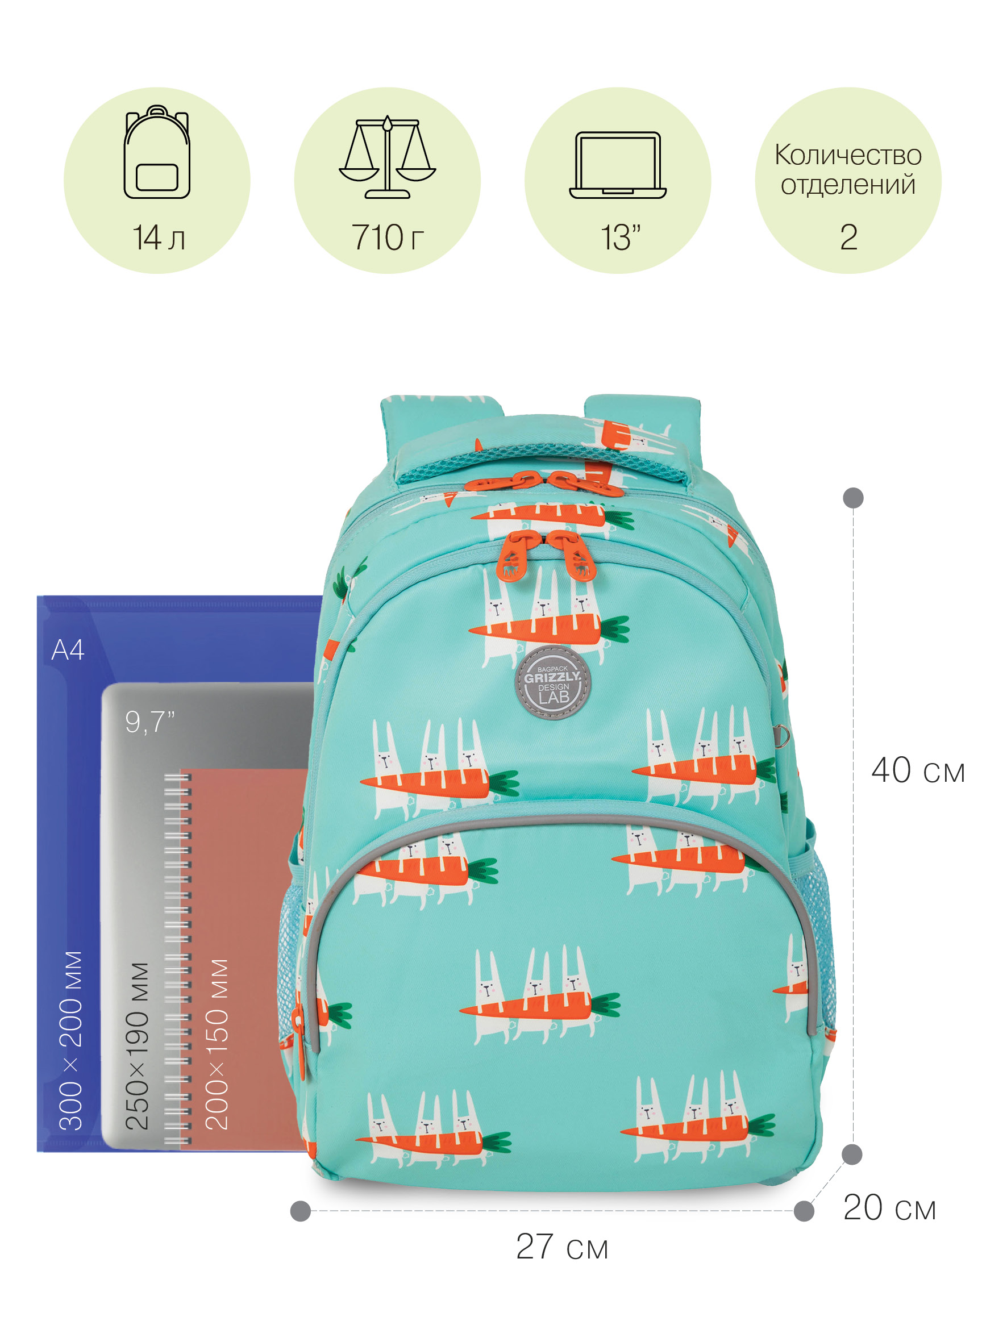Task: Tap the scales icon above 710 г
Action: (x=387, y=158)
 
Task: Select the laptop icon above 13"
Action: (x=617, y=165)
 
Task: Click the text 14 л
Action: (x=158, y=237)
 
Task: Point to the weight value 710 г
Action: (x=387, y=237)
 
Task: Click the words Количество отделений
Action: (x=847, y=170)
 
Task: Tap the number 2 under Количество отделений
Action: (x=848, y=237)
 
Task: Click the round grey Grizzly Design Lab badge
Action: (x=552, y=682)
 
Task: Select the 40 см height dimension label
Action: (x=917, y=770)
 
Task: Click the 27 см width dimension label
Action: (x=561, y=1247)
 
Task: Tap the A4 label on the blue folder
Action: (x=68, y=650)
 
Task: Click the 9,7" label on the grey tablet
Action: (x=149, y=722)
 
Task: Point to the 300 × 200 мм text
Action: (x=71, y=1040)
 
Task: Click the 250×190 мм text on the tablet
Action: (x=137, y=1047)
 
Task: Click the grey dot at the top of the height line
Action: (x=853, y=498)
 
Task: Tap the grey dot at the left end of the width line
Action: (x=301, y=1211)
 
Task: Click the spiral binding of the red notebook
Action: (x=177, y=958)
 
